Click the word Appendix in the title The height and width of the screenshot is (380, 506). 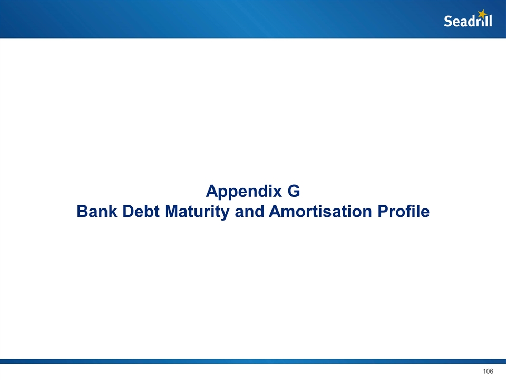point(244,192)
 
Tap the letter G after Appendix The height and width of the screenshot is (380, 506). point(294,191)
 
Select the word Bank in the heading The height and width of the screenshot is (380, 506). point(97,211)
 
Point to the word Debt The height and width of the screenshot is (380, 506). point(141,211)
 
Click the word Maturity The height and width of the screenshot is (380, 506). point(197,212)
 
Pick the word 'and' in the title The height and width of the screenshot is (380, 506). point(249,211)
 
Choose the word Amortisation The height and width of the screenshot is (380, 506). point(320,211)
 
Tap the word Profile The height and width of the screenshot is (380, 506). point(403,211)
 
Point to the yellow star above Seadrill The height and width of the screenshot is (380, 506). point(482,14)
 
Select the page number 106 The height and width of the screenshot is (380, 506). point(488,371)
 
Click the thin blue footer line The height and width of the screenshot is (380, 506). point(253,361)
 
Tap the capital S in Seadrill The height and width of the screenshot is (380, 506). point(448,21)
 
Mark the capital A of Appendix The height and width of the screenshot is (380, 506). point(212,191)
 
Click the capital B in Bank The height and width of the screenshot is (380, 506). point(83,211)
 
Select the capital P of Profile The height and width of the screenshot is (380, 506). point(383,211)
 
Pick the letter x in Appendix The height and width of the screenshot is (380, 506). point(278,193)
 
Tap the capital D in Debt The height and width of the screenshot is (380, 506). point(129,211)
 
